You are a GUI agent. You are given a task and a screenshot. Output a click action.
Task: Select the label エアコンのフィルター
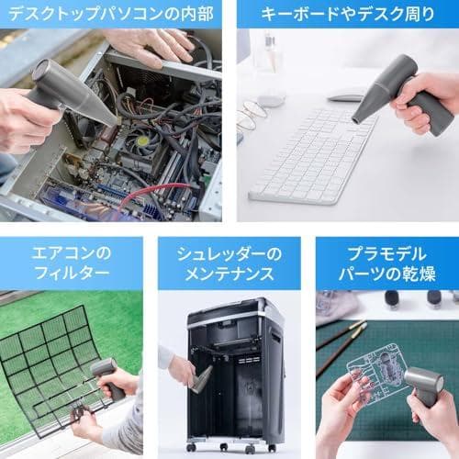pyautogui.click(x=71, y=263)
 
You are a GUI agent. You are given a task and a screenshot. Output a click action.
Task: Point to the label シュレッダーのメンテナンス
pyautogui.click(x=229, y=263)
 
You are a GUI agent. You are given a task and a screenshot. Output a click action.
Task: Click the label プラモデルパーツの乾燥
pyautogui.click(x=386, y=263)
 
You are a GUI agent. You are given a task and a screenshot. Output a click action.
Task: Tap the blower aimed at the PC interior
pyautogui.click(x=69, y=92)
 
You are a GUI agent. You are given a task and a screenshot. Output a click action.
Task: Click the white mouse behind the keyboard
pyautogui.click(x=346, y=95)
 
